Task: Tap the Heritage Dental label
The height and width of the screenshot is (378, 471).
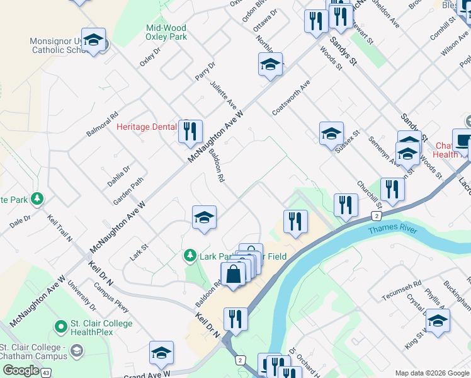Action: pos(147,127)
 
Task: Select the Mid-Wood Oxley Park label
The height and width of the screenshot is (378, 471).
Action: pos(166,32)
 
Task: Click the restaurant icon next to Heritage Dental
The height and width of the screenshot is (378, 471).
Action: pos(190,132)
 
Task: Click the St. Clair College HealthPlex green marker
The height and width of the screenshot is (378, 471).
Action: pos(61,326)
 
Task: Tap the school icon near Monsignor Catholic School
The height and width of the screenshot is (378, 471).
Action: pos(93,41)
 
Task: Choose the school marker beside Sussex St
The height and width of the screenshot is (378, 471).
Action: pos(331,134)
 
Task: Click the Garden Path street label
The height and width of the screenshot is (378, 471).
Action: pos(128,190)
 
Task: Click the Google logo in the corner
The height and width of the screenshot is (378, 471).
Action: pos(21,370)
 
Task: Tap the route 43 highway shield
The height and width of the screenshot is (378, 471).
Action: pos(46,374)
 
